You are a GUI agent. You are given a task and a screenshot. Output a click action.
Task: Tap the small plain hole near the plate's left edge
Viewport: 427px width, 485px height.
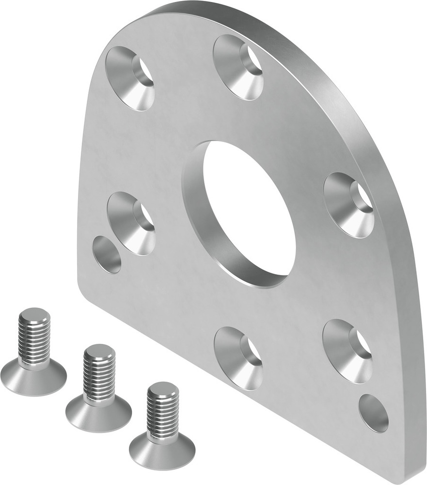pos(107,254)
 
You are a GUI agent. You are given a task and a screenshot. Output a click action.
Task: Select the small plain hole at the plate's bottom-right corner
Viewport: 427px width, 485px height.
pos(373,413)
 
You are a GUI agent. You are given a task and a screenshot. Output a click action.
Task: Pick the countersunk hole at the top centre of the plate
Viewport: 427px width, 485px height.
pos(238,66)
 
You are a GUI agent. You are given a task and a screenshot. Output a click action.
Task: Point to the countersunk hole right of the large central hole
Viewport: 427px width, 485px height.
pos(348,205)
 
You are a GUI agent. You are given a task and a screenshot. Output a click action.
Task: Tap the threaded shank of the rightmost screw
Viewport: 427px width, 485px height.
pos(163,412)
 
